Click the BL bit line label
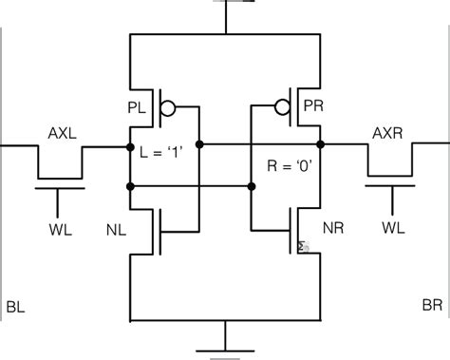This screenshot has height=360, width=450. pos(14,307)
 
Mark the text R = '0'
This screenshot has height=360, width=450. pos(291,165)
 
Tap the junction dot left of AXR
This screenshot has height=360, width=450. pos(322,146)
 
